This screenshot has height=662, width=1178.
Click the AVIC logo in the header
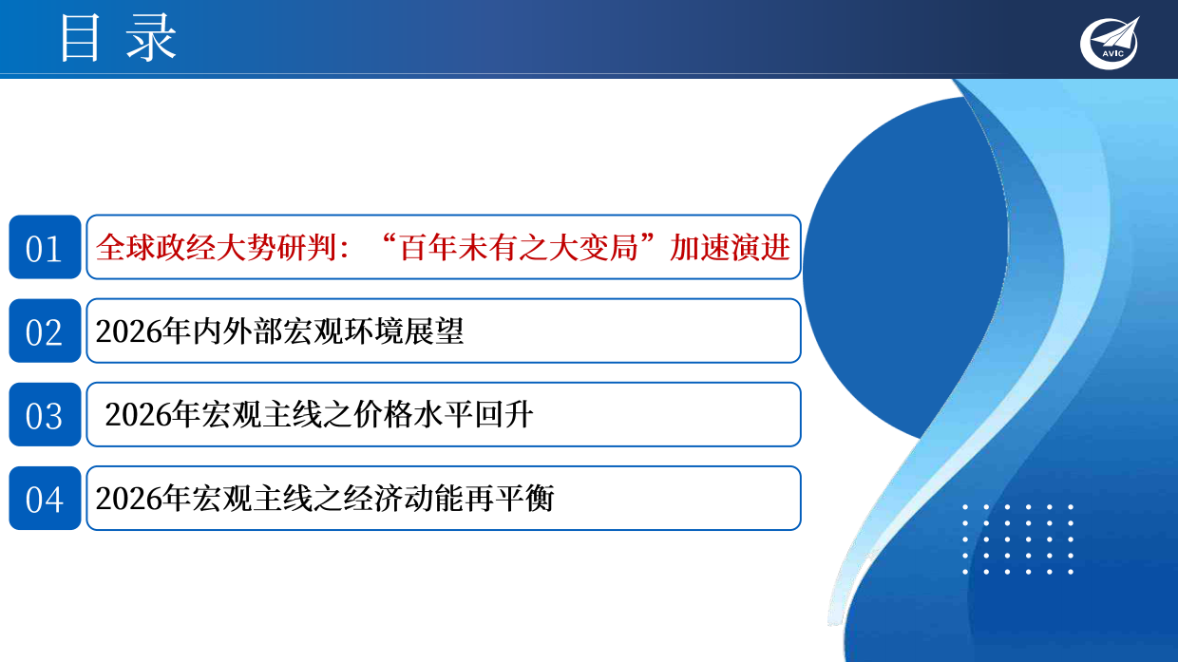coord(1109,44)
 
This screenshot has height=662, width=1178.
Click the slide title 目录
coord(118,40)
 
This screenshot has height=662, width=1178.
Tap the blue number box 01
coord(45,248)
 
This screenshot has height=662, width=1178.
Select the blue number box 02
coord(45,331)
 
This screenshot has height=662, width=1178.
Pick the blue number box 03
coord(45,415)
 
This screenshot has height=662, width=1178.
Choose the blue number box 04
coord(45,499)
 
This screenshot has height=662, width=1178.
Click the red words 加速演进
coord(730,248)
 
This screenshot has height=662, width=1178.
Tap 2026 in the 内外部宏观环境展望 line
coord(126,331)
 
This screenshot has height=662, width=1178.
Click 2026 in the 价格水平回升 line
coord(135,415)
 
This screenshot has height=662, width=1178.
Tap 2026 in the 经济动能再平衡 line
coord(126,499)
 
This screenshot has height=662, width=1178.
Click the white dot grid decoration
coord(1017,539)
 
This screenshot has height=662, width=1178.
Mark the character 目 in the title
coord(81,40)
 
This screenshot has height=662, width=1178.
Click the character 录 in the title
coord(152,40)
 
